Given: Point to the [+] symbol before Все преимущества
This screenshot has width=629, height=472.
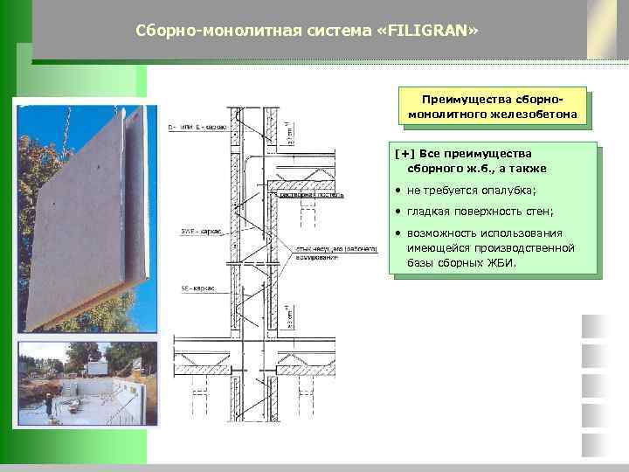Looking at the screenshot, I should tap(404, 154).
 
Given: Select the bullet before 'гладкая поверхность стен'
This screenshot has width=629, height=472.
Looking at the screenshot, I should tap(397, 212).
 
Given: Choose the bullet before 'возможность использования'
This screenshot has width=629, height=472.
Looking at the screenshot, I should tap(397, 233).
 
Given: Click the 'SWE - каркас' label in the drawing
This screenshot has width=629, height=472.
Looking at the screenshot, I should tap(200, 232).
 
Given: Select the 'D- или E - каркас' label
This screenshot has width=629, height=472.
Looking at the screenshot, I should tap(197, 127).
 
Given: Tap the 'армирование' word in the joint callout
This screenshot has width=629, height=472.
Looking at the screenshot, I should tap(317, 257).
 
